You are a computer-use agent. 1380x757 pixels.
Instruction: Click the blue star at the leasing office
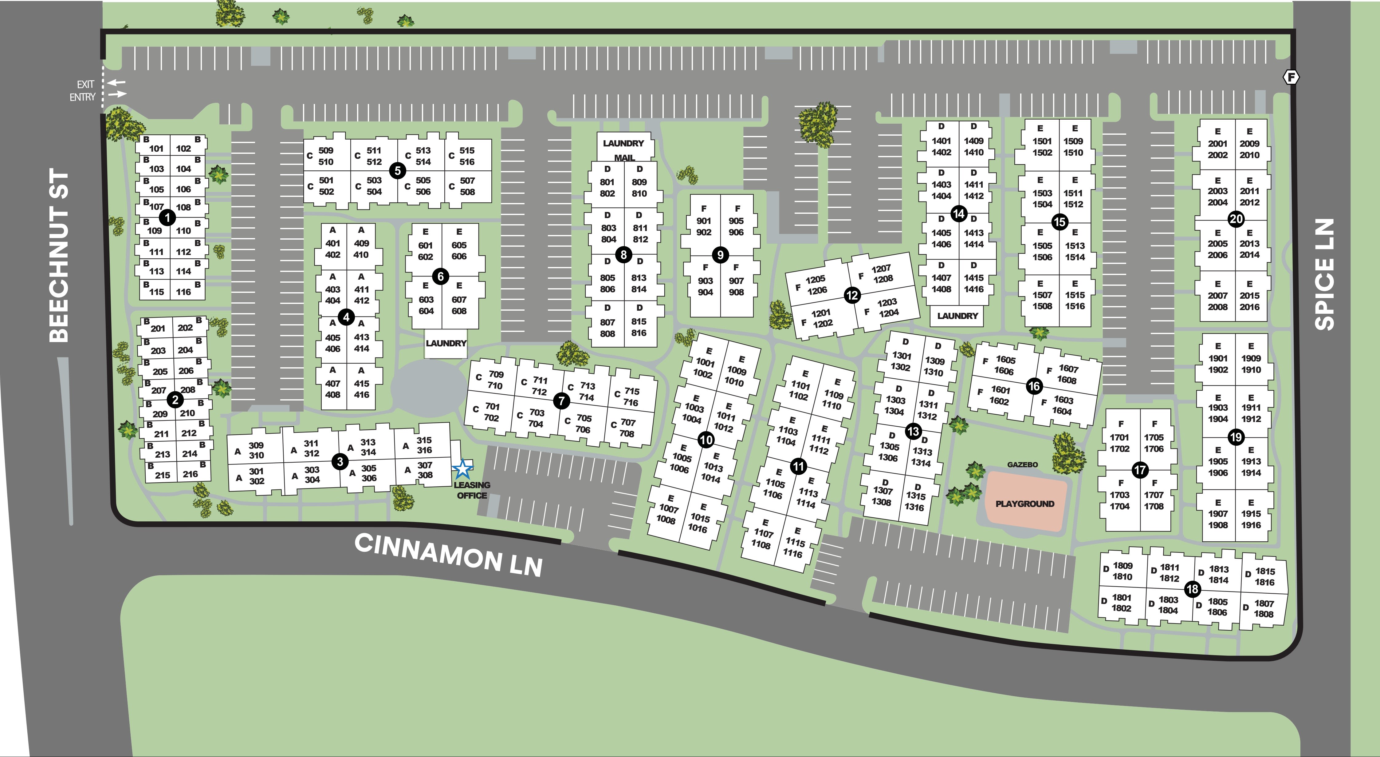[462, 469]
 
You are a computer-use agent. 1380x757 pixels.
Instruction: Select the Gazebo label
[1022, 465]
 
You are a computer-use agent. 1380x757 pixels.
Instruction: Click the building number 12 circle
[852, 295]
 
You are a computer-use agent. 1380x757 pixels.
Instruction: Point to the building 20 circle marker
[1236, 219]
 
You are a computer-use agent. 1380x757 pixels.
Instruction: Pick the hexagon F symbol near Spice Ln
[1292, 77]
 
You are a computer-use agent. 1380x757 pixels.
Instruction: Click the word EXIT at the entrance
[85, 84]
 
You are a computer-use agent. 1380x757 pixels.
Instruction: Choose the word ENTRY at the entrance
[82, 97]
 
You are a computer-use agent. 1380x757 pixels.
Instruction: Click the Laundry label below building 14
[957, 316]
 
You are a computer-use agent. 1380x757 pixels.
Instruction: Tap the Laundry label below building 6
[446, 343]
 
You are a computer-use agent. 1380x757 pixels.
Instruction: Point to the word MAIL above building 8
[624, 157]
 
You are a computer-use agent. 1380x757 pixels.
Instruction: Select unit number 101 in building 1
[156, 149]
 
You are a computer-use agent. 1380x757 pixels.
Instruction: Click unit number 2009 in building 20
[1249, 144]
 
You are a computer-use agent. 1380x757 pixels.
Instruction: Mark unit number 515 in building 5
[467, 151]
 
